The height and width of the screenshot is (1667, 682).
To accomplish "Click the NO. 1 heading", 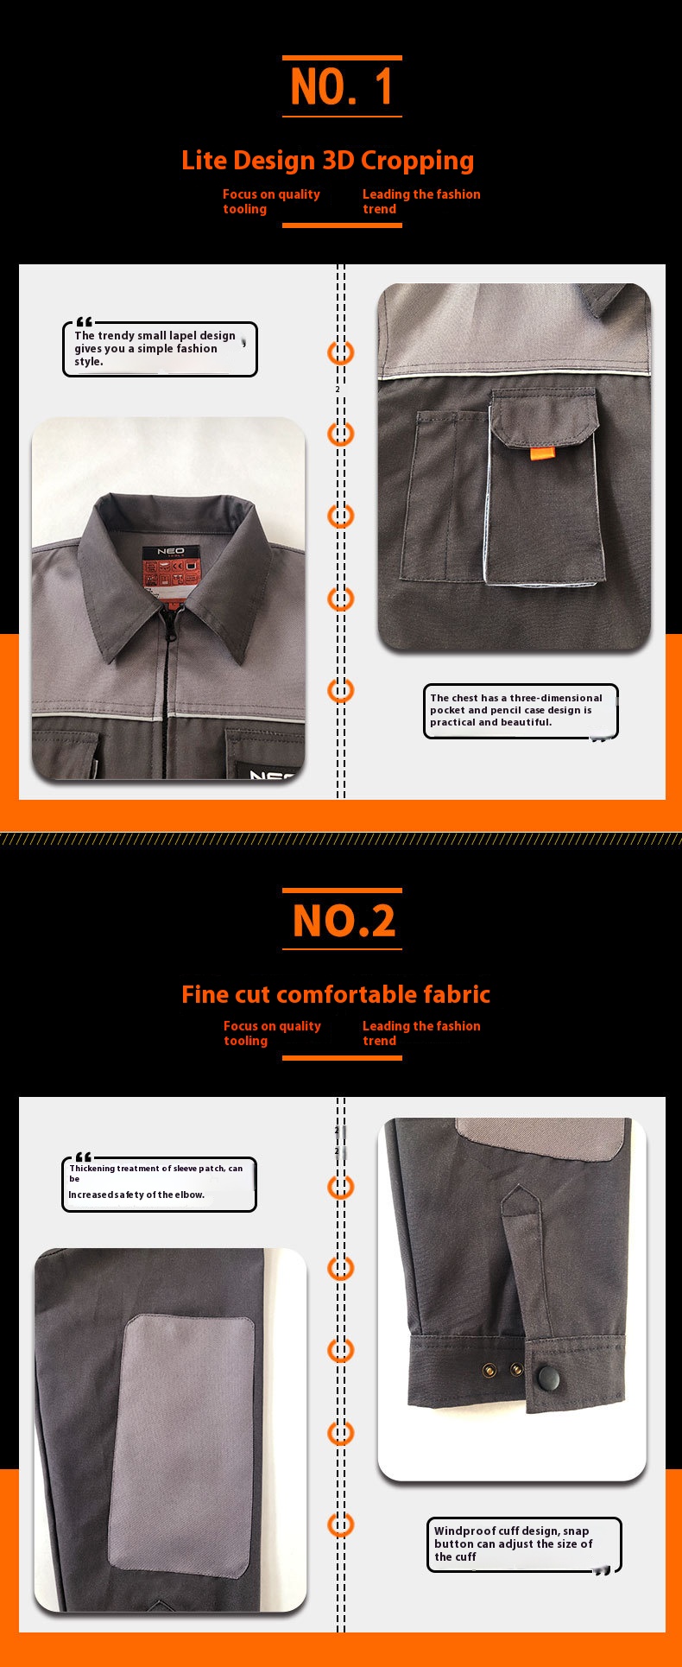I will pyautogui.click(x=342, y=86).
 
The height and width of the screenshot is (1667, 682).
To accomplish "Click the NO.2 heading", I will pyautogui.click(x=343, y=921).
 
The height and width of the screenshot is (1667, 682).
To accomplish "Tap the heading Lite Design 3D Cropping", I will pyautogui.click(x=327, y=161).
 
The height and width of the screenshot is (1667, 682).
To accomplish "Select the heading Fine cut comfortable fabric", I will pyautogui.click(x=335, y=995).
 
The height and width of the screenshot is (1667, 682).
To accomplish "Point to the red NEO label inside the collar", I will pyautogui.click(x=170, y=569).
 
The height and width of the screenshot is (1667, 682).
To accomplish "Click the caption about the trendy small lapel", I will pyautogui.click(x=160, y=349).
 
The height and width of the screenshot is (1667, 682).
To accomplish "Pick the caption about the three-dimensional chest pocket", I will pyautogui.click(x=520, y=710).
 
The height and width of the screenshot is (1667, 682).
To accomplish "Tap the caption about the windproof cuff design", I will pyautogui.click(x=523, y=1543).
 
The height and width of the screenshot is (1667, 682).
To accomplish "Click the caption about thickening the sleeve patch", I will pyautogui.click(x=159, y=1182).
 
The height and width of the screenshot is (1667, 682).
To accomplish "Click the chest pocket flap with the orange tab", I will pyautogui.click(x=544, y=417).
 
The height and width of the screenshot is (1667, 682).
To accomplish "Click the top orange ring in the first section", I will pyautogui.click(x=340, y=352).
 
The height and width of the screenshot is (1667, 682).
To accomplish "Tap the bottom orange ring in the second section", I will pyautogui.click(x=340, y=1524).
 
